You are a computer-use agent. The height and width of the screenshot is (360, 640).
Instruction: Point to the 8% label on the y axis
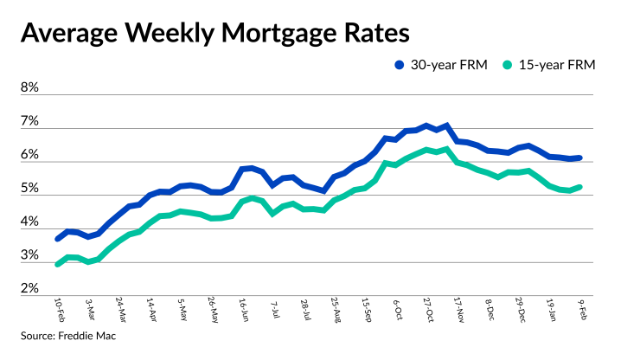(x=29, y=88)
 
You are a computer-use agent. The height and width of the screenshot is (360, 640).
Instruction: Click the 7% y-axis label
(x=29, y=122)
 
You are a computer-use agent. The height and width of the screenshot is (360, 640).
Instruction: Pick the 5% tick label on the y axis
(x=29, y=190)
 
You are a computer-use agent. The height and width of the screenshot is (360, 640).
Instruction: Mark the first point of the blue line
(x=58, y=238)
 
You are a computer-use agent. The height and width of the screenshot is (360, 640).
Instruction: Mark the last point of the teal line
(x=579, y=186)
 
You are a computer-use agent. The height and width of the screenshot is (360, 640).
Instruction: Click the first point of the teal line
(x=58, y=264)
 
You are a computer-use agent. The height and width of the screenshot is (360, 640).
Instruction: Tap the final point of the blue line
(x=579, y=157)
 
